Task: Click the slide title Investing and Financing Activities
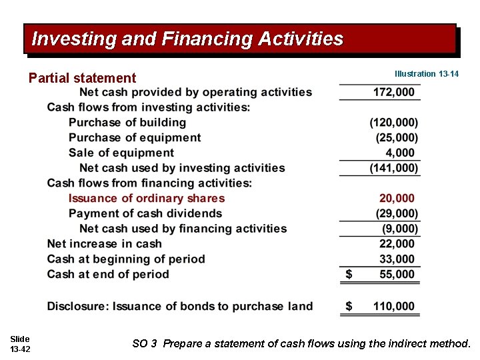pyautogui.click(x=187, y=39)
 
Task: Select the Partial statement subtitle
pyautogui.click(x=82, y=78)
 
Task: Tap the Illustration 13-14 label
pyautogui.click(x=427, y=74)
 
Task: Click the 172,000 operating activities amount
pyautogui.click(x=393, y=92)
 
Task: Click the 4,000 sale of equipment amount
pyautogui.click(x=400, y=153)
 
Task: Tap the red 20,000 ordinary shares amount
pyautogui.click(x=397, y=198)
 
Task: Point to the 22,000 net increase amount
pyautogui.click(x=397, y=243)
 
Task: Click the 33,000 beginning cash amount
pyautogui.click(x=397, y=259)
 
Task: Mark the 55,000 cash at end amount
pyautogui.click(x=397, y=274)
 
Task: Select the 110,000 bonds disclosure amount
pyautogui.click(x=393, y=306)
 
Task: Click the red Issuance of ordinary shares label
pyautogui.click(x=147, y=198)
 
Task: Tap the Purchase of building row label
pyautogui.click(x=127, y=122)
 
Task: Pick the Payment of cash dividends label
pyautogui.click(x=145, y=213)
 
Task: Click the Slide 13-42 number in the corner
pyautogui.click(x=20, y=344)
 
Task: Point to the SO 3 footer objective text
pyautogui.click(x=301, y=344)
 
